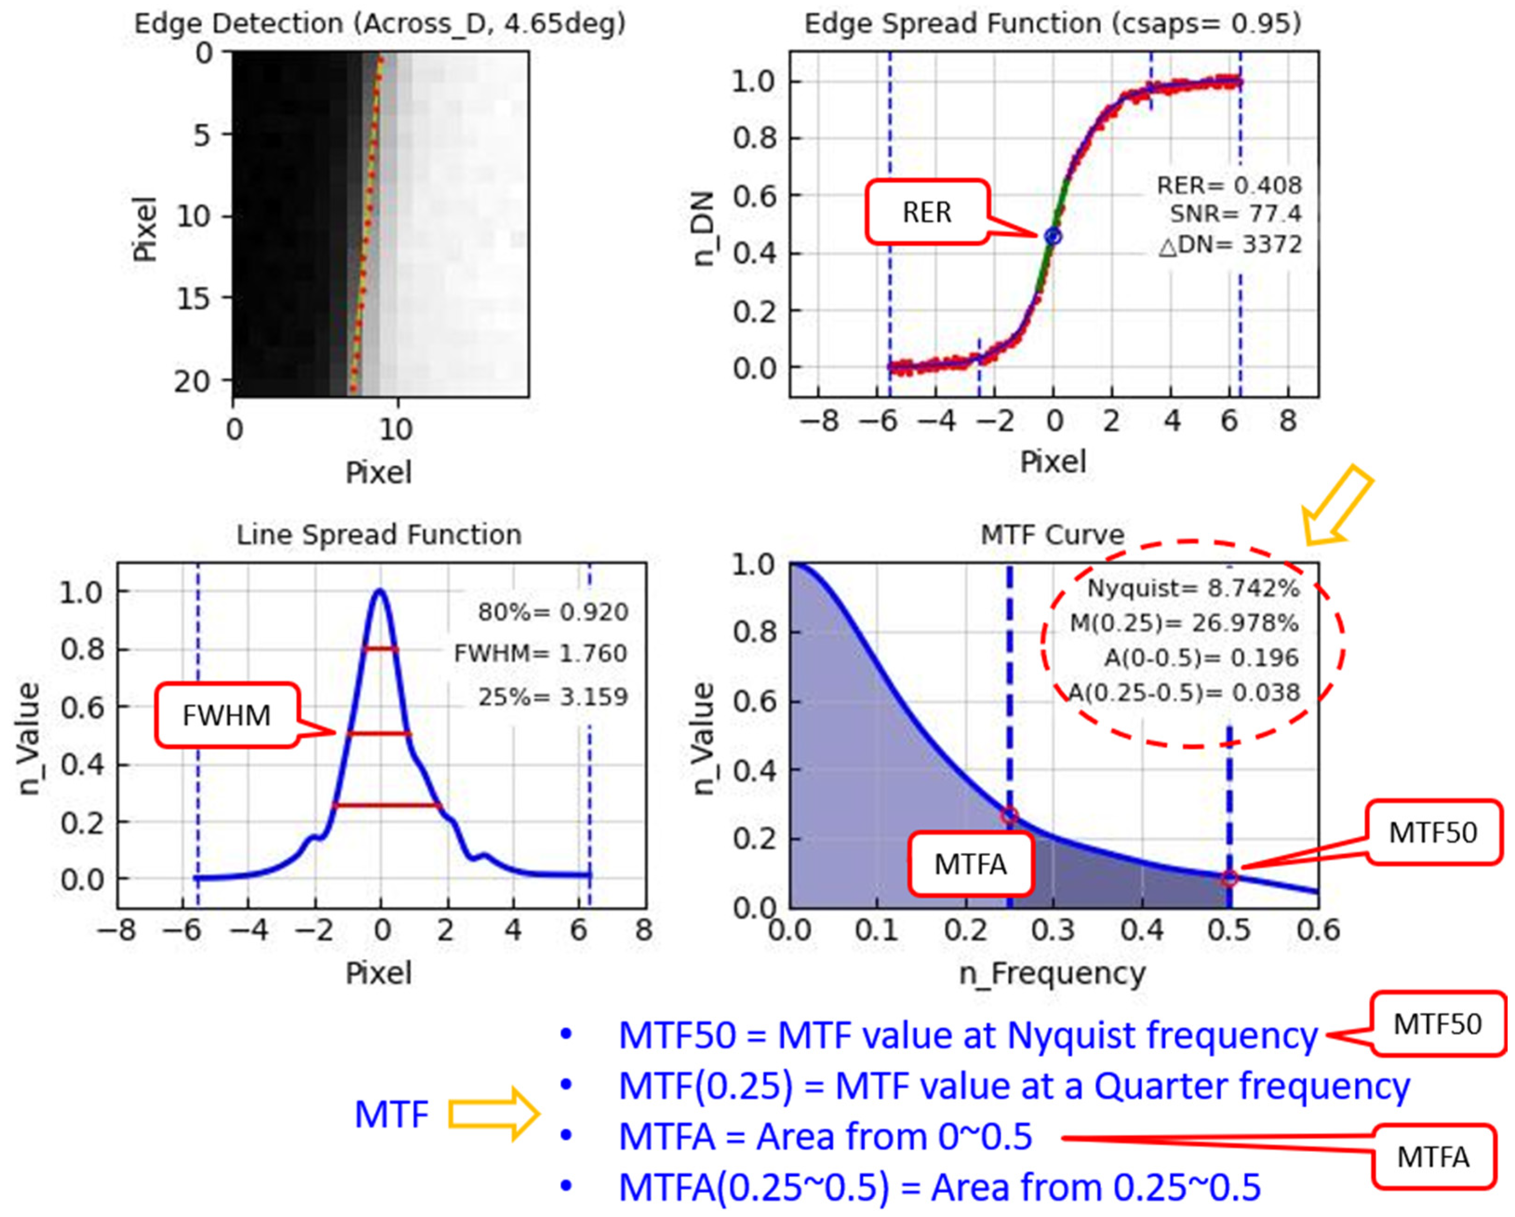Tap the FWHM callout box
(226, 715)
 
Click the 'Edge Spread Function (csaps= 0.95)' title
(1052, 24)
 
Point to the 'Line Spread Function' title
(379, 535)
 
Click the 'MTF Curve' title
(1052, 535)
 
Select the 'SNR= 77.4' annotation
(1235, 214)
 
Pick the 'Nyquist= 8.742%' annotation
(1193, 588)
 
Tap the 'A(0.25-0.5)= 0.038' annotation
(1184, 693)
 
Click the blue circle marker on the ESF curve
(1053, 237)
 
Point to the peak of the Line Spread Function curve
(380, 591)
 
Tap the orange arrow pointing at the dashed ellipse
(1335, 508)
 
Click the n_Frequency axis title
(1052, 974)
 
